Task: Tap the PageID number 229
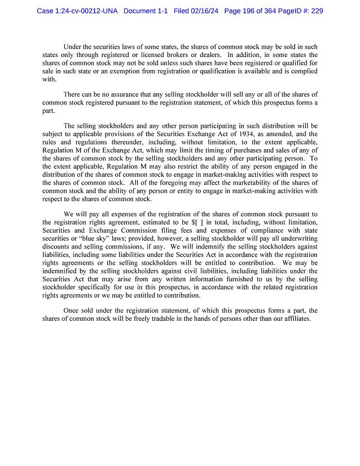(316, 11)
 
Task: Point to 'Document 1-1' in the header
(146, 11)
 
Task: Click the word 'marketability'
(248, 183)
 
